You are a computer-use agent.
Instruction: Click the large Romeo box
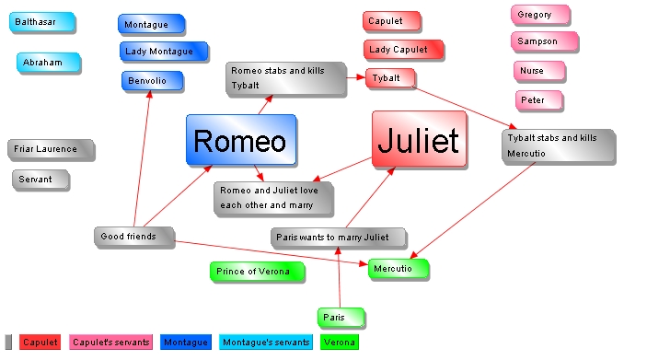(x=240, y=140)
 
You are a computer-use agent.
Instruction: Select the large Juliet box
(x=418, y=140)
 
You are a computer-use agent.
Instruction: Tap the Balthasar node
(x=38, y=21)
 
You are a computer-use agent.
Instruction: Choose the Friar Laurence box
(x=50, y=149)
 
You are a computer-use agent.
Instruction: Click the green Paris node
(x=341, y=318)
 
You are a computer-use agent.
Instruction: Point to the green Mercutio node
(x=398, y=269)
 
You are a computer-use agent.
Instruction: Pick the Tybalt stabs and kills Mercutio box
(x=557, y=145)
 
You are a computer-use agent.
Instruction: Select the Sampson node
(x=544, y=41)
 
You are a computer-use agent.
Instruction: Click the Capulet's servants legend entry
(x=110, y=343)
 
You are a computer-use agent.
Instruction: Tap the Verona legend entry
(x=340, y=343)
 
